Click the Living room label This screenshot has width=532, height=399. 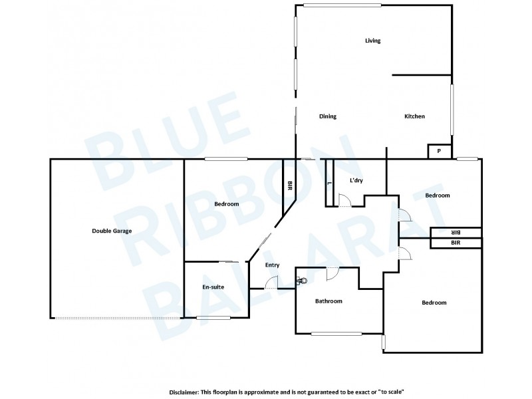(372, 41)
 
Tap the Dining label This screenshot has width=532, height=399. (328, 116)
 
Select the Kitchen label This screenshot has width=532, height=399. (414, 116)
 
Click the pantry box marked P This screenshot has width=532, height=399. (439, 152)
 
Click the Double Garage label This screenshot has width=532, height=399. (112, 231)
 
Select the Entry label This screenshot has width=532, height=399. (272, 265)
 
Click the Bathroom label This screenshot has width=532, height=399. (329, 301)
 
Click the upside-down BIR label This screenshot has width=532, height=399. (456, 232)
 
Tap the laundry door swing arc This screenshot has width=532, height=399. (344, 199)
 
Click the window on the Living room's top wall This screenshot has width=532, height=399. (342, 5)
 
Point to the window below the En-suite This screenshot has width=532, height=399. (213, 317)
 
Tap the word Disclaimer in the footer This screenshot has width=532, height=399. (188, 392)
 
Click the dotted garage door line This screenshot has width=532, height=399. (117, 318)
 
